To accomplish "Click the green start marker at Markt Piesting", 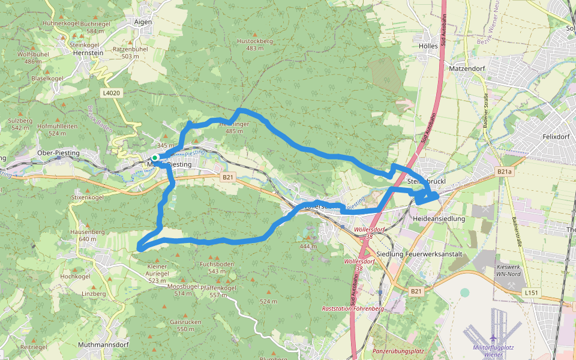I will point(155,158).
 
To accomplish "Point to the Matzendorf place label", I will point(467,69).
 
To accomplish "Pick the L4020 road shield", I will point(112,93).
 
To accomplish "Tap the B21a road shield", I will point(504,171).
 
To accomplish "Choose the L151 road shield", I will point(531,292).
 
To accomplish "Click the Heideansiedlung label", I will point(440,219).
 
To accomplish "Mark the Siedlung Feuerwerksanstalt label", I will point(416,254).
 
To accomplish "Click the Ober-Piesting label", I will point(58,153).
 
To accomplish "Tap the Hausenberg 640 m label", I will point(83,235).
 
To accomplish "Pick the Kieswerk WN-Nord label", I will point(509,270).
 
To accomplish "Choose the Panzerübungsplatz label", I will point(398,350).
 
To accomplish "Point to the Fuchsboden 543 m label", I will point(217,268).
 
